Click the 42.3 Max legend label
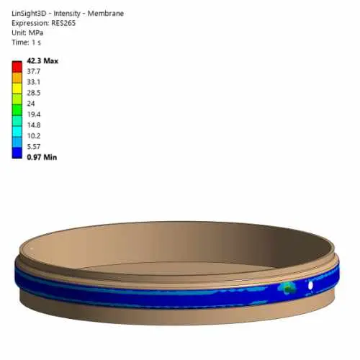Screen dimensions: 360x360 pyautogui.click(x=42, y=61)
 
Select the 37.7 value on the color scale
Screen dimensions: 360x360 pyautogui.click(x=34, y=71)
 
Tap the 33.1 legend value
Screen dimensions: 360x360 pyautogui.click(x=34, y=82)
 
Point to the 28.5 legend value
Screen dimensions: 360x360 pyautogui.click(x=34, y=93)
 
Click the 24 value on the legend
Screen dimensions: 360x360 pyautogui.click(x=31, y=104)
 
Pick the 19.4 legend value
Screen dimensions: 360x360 pyautogui.click(x=34, y=114)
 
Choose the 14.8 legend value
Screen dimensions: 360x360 pyautogui.click(x=34, y=125)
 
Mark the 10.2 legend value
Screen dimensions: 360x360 pyautogui.click(x=34, y=136)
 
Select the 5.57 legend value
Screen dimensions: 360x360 pyautogui.click(x=34, y=147)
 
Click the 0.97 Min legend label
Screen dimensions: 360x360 pyautogui.click(x=42, y=158)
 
